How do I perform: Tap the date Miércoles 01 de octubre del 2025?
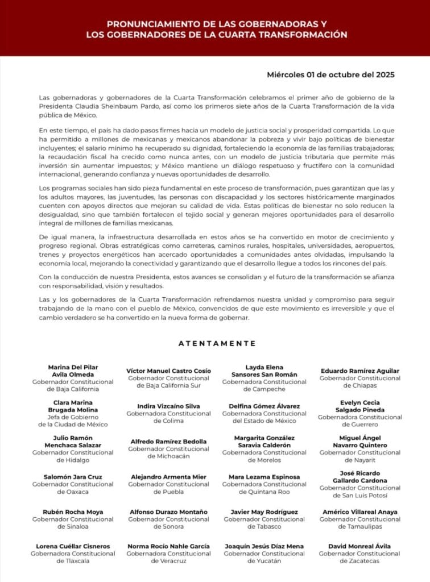[x=330, y=74]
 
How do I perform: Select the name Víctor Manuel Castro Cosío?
[x=168, y=371]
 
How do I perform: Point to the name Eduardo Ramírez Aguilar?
[x=360, y=371]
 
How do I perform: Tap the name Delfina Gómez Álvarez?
[x=264, y=406]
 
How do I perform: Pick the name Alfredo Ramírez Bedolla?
[x=168, y=441]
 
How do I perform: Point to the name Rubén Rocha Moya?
[x=73, y=512]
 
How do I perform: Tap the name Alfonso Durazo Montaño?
[x=168, y=512]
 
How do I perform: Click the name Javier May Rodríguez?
[x=264, y=512]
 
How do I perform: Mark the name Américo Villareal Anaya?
[x=360, y=512]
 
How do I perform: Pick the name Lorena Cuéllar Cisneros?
[x=73, y=546]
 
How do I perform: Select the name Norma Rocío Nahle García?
[x=168, y=546]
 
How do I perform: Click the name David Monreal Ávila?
[x=360, y=546]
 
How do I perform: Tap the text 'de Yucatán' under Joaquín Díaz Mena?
[x=264, y=560]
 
